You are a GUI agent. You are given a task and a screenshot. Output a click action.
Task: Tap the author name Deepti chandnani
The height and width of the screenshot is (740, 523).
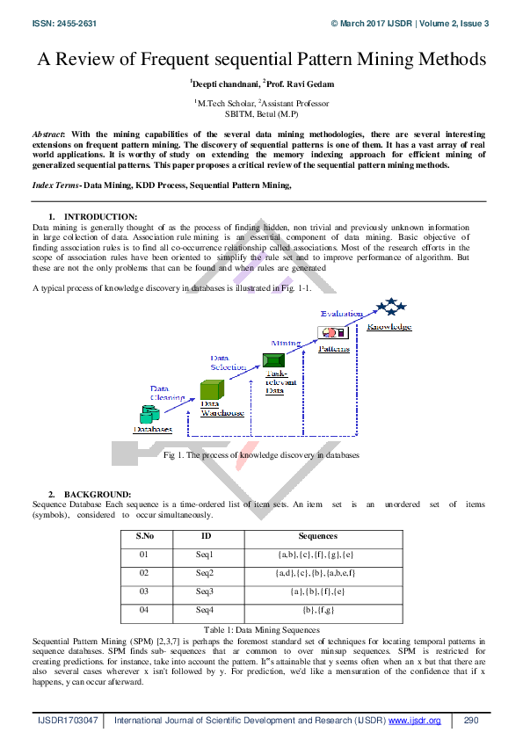[221, 84]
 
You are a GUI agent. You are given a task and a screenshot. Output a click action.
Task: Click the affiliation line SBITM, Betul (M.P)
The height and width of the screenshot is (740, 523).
[260, 114]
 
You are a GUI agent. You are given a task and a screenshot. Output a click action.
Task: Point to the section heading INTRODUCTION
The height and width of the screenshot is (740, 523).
[101, 216]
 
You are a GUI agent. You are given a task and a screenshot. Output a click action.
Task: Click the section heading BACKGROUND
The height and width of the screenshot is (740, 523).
[98, 494]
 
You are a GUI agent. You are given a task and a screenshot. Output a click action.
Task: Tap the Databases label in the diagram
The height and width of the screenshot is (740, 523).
[152, 429]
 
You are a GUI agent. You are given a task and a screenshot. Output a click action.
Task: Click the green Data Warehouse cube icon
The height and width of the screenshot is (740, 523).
[209, 391]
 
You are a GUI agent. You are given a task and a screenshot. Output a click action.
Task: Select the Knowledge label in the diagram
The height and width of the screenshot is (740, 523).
[389, 327]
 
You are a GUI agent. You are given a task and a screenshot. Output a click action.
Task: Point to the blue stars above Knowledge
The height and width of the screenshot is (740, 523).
[390, 308]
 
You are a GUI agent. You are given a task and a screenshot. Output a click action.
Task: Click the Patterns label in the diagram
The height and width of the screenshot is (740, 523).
[333, 348]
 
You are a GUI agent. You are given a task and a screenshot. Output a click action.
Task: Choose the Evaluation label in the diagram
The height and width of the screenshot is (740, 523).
[341, 314]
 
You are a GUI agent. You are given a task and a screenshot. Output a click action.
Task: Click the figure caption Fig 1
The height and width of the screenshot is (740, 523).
[261, 455]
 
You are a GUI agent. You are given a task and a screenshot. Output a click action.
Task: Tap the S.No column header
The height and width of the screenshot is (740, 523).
[145, 535]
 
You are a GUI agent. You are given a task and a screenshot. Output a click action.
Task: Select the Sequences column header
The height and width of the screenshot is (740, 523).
[317, 535]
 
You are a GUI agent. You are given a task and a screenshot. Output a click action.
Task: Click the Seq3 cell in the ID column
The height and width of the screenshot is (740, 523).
[206, 591]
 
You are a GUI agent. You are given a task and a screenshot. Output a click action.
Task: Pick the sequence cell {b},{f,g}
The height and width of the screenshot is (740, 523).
[317, 610]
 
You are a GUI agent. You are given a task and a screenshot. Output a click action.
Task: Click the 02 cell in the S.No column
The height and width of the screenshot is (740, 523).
[145, 573]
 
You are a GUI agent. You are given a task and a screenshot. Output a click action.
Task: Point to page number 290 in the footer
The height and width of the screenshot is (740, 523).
[470, 721]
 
